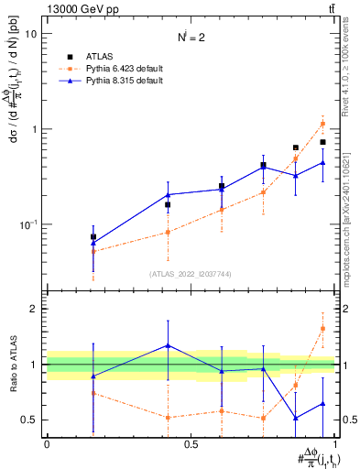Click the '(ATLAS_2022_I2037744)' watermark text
(x=190, y=274)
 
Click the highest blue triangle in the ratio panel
(x=168, y=345)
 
